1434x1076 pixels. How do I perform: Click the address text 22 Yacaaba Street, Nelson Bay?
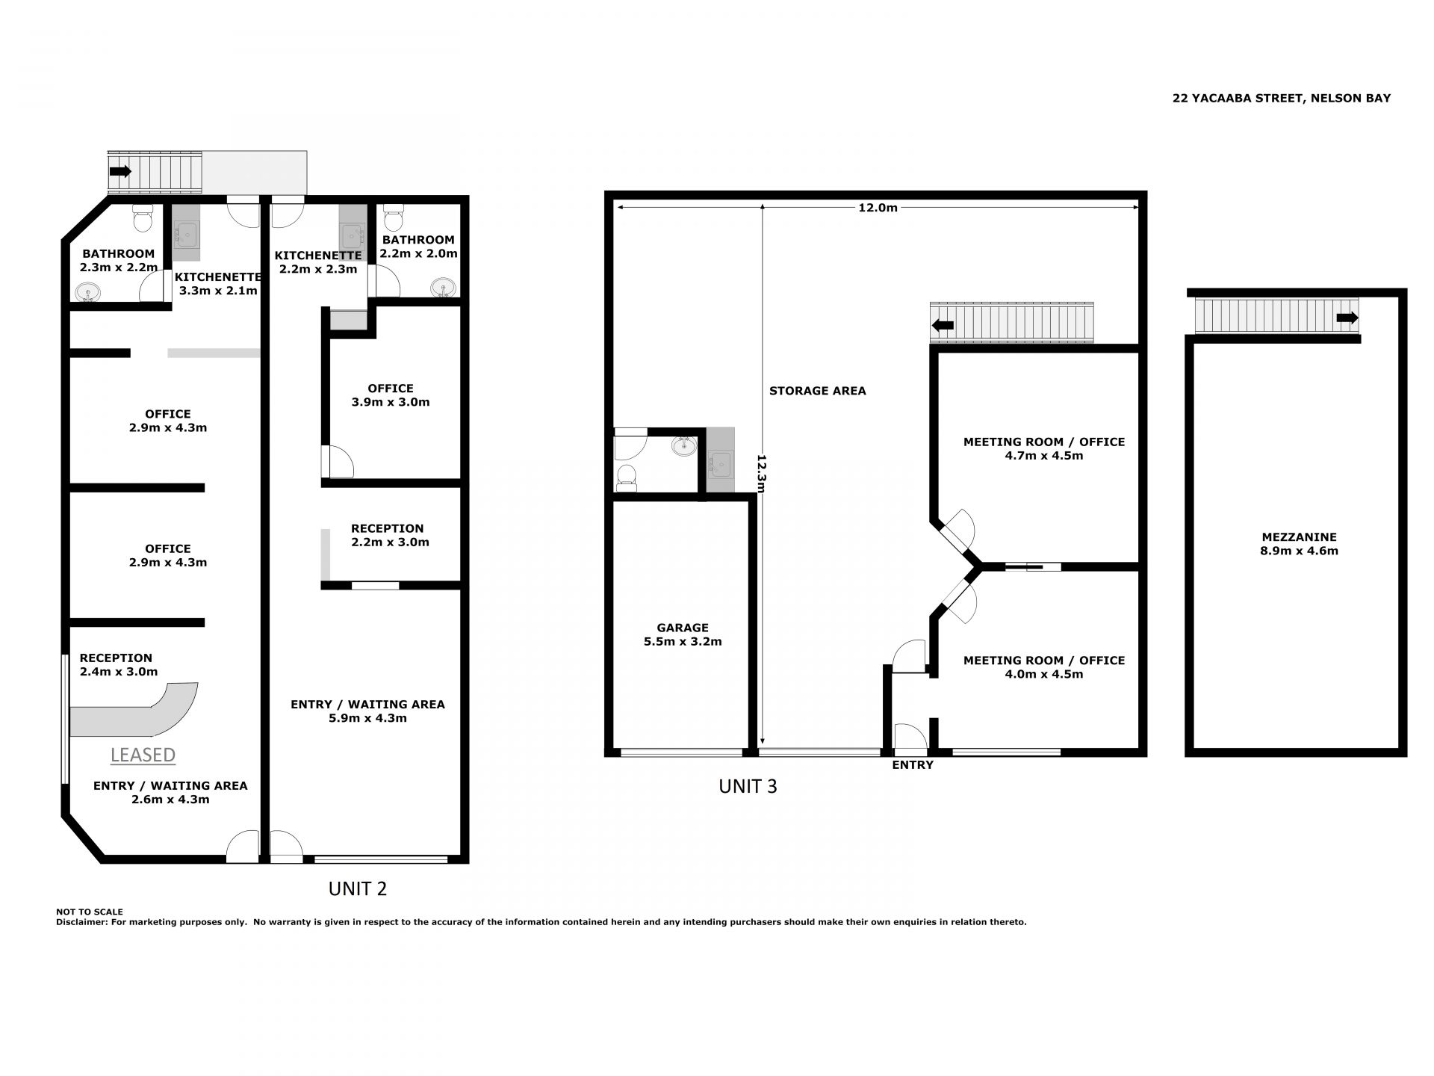click(x=1282, y=98)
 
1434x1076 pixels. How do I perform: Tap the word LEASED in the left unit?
click(x=143, y=755)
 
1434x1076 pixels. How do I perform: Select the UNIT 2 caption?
click(x=358, y=888)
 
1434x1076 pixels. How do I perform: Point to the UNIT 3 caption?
click(x=748, y=786)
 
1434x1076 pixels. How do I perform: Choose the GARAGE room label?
click(x=683, y=628)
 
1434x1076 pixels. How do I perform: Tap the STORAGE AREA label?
click(x=818, y=391)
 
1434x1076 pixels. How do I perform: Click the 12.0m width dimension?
click(x=878, y=208)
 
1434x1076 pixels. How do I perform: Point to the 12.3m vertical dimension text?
click(x=762, y=474)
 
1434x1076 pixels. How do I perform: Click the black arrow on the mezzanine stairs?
click(x=1347, y=318)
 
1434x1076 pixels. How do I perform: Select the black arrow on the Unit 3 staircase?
click(x=943, y=325)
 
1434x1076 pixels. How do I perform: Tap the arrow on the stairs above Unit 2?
click(x=119, y=171)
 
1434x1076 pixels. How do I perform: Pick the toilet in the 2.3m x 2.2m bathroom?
click(x=142, y=218)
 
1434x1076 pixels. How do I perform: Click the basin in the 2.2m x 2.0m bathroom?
click(x=444, y=288)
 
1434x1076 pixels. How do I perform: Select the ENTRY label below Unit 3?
click(x=913, y=764)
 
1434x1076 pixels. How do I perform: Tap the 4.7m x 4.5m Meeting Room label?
click(x=1043, y=448)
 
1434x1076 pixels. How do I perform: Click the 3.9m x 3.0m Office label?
click(x=391, y=395)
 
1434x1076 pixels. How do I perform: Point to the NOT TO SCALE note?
click(x=90, y=912)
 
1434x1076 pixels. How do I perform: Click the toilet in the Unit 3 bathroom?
click(x=627, y=477)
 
